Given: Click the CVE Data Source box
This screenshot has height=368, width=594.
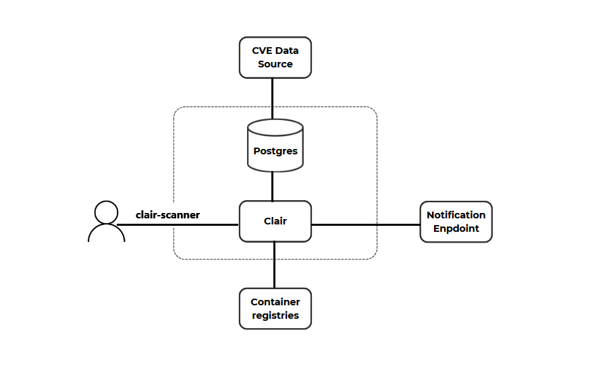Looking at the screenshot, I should click(275, 57).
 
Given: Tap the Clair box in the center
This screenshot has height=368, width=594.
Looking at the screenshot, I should click(275, 221).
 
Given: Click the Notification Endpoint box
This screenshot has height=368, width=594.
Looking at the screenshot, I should click(456, 221).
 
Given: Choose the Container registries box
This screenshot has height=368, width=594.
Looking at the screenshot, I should click(275, 309).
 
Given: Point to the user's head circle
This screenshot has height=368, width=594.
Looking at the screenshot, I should click(106, 212).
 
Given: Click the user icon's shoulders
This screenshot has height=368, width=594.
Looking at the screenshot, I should click(106, 233).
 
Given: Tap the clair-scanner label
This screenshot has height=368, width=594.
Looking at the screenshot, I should click(167, 215).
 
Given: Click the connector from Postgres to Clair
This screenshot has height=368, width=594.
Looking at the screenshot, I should click(272, 186).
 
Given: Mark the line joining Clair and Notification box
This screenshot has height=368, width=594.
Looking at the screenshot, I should click(364, 224).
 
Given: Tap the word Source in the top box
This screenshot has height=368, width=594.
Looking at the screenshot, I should click(275, 64).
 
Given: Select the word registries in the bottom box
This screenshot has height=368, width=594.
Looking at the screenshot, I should click(275, 315).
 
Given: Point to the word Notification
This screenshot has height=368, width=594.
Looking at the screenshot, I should click(456, 215).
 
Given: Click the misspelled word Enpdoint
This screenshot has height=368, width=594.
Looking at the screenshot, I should click(456, 228).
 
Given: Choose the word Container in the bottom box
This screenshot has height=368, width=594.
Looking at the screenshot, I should click(275, 302).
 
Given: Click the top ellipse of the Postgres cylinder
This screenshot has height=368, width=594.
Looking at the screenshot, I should click(275, 127).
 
